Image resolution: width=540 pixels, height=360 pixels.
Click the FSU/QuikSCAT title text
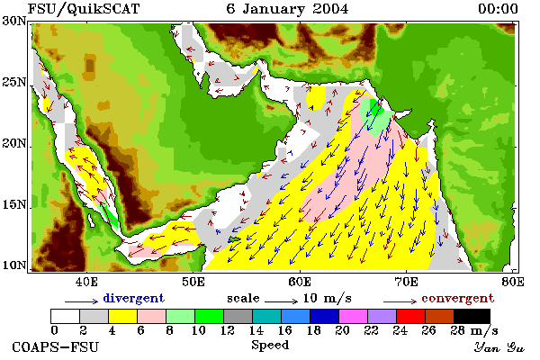coord(84,9)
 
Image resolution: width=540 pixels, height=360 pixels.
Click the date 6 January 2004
coord(287,9)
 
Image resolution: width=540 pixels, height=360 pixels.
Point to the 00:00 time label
coord(498,9)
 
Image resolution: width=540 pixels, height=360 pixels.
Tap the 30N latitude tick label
coord(14,21)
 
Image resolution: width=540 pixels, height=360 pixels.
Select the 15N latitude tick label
coord(14,204)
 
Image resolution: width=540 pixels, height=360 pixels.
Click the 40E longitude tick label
coord(86,282)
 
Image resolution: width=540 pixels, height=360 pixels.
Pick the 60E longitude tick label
coord(300,282)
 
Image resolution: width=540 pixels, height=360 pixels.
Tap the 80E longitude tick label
coord(513,282)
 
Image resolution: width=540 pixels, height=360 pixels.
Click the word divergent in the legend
coord(133,298)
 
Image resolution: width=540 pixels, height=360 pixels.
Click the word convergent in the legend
coord(458,298)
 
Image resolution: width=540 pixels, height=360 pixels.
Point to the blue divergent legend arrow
coord(82,301)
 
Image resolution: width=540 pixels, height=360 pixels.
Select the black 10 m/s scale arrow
coord(281,301)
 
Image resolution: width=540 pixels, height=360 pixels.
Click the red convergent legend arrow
coord(400,301)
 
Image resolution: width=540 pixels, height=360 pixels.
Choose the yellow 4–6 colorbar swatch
coord(123,316)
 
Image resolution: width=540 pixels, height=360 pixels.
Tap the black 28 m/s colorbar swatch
coord(472,316)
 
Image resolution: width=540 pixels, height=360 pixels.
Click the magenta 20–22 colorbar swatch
coord(353,316)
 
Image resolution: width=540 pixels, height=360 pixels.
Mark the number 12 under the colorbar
coord(228,330)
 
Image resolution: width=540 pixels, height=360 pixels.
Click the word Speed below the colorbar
coord(270,346)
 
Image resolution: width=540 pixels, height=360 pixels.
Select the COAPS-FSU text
coord(56,346)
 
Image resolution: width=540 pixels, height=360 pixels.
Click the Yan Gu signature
coord(499,347)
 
